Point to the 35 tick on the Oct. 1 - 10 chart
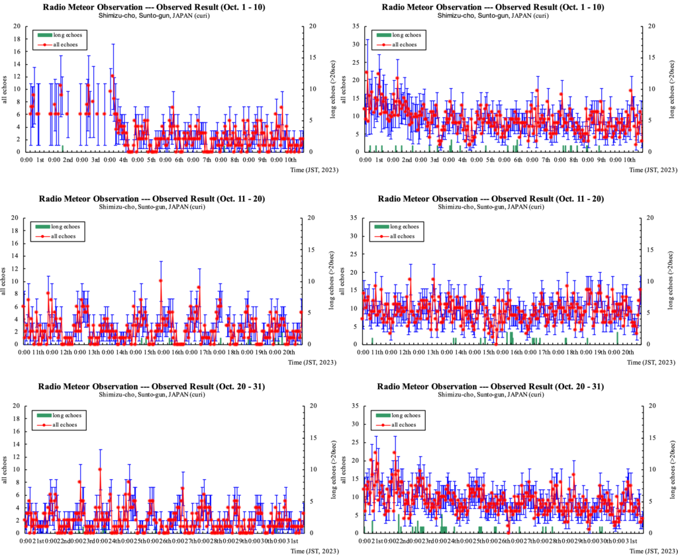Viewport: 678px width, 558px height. point(356,26)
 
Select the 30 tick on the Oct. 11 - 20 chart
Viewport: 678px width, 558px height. point(356,236)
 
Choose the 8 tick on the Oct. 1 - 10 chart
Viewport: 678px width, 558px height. point(19,101)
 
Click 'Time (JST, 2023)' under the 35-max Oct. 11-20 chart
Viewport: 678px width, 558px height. point(652,362)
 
